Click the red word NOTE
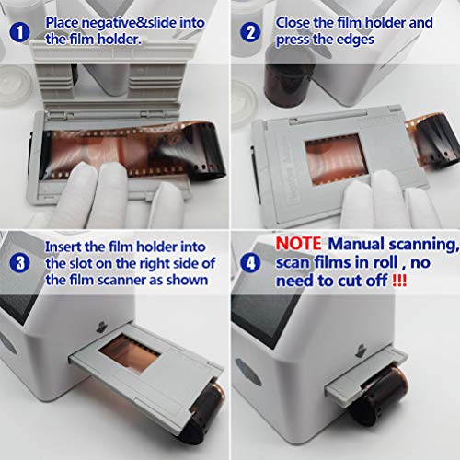pos(297,246)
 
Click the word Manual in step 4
pos(359,246)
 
